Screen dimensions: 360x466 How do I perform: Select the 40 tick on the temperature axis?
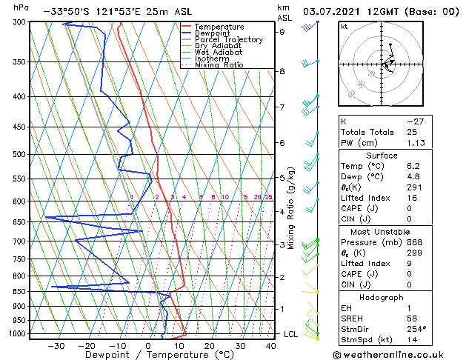coord(270,346)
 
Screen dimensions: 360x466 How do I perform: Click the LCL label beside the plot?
coord(291,334)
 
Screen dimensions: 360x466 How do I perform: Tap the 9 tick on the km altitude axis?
coord(282,32)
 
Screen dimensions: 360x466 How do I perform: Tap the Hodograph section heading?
coord(382,297)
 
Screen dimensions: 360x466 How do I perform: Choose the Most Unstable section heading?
coord(382,231)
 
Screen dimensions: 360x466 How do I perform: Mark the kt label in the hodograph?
coord(344,26)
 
